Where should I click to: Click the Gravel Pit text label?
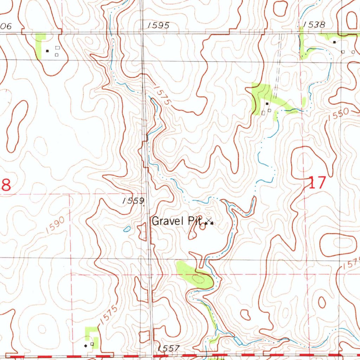pyautogui.click(x=176, y=221)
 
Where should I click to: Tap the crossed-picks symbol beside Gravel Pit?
pyautogui.click(x=209, y=221)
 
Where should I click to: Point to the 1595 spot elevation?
pyautogui.click(x=159, y=25)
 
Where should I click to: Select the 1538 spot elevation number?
pyautogui.click(x=314, y=24)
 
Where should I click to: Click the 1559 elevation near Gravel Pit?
pyautogui.click(x=134, y=201)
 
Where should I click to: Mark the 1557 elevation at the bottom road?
pyautogui.click(x=168, y=348)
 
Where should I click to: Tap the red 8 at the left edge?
pyautogui.click(x=6, y=185)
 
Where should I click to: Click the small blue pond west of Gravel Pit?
pyautogui.click(x=127, y=230)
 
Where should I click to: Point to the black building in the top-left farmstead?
pyautogui.click(x=48, y=51)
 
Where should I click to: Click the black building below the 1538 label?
pyautogui.click(x=334, y=42)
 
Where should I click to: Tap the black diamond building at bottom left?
pyautogui.click(x=86, y=346)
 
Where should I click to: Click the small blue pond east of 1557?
pyautogui.click(x=238, y=340)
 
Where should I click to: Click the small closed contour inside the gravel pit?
pyautogui.click(x=202, y=227)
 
